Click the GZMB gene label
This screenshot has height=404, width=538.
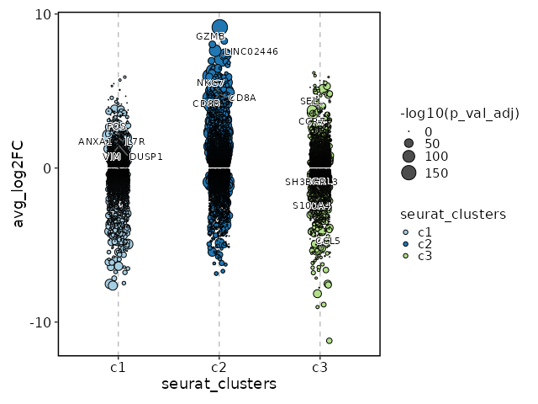[210, 36]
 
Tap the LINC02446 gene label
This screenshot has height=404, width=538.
[251, 52]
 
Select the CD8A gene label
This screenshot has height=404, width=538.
[242, 98]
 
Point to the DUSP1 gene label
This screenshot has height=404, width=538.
[146, 157]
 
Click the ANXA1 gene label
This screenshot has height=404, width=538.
[95, 142]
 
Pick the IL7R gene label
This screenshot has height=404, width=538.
[135, 142]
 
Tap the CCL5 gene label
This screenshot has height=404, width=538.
[329, 242]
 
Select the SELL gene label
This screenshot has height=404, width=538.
[310, 102]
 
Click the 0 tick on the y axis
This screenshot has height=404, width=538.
[49, 168]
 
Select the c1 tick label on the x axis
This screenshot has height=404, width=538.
[118, 368]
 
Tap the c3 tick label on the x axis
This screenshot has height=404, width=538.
[319, 368]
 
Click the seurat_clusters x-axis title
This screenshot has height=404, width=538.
[219, 385]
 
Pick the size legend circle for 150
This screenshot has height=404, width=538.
[409, 173]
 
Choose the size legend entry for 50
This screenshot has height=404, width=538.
[409, 144]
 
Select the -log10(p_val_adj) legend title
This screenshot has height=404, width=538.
[460, 114]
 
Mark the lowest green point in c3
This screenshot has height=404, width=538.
[329, 341]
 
